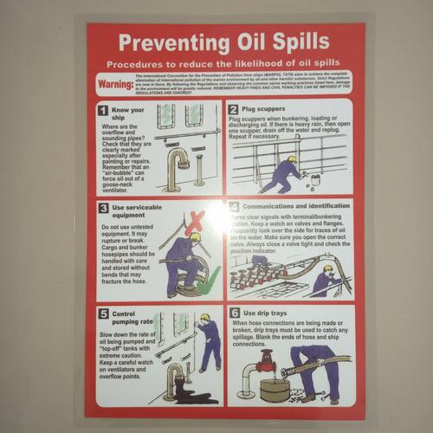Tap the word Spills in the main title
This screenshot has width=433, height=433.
coord(297,42)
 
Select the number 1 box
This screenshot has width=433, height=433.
coord(103,111)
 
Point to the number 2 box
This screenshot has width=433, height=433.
coord(234,110)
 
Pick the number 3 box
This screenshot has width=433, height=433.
coord(103,209)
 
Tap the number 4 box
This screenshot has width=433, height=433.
coord(234,208)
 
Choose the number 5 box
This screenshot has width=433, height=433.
coord(103,313)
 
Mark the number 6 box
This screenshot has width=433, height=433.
coord(234,313)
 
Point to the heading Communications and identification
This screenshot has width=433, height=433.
coord(294,208)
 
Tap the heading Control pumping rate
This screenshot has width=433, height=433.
coord(126,319)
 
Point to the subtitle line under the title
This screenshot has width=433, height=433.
coord(223,65)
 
